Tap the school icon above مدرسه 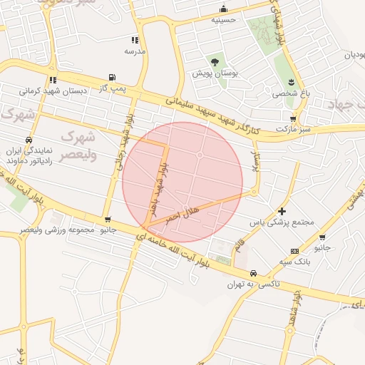(x=134, y=40)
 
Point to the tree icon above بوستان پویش (x=215, y=61)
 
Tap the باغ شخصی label (x=286, y=93)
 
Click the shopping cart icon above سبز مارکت (x=292, y=119)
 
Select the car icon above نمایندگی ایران (x=28, y=140)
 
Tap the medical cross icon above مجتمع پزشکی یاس (x=282, y=211)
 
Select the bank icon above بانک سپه (x=294, y=252)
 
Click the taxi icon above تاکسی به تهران (x=253, y=274)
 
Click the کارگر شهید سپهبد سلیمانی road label (x=214, y=114)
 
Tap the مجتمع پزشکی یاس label (x=282, y=222)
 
